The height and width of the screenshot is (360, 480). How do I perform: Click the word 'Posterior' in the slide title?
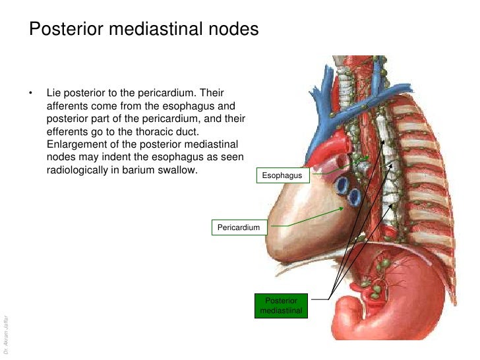pos(65,30)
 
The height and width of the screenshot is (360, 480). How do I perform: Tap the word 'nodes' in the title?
pos(232,30)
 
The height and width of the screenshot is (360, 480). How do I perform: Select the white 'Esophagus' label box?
pos(282,175)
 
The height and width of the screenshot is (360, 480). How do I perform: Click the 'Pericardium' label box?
pos(239,228)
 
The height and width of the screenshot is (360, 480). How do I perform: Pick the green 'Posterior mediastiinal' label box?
pos(282,305)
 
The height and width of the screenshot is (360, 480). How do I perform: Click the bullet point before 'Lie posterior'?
pos(30,93)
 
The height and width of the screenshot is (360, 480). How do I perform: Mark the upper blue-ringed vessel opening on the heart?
pos(342,185)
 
